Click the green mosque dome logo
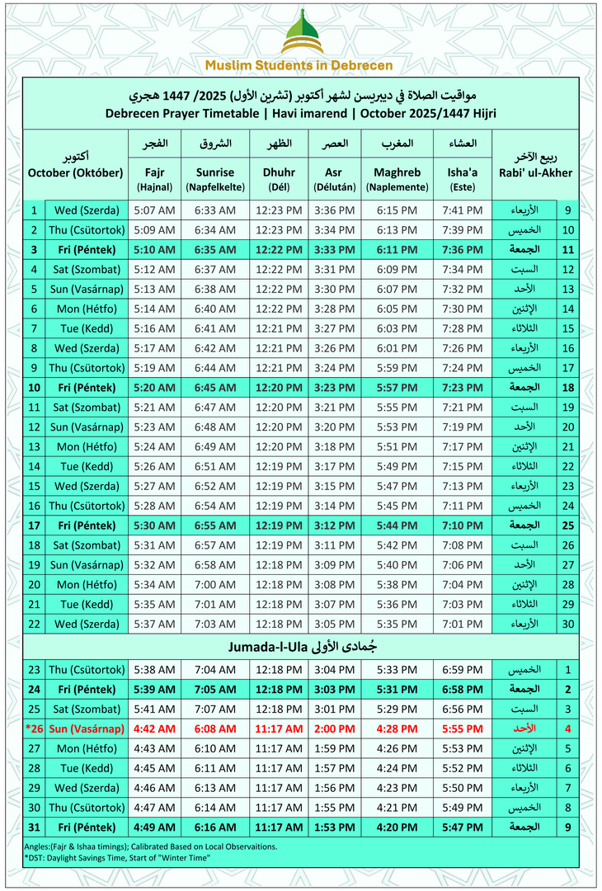pos(300,32)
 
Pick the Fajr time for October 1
pos(154,210)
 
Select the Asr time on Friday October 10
pos(334,387)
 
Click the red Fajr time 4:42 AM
pos(154,728)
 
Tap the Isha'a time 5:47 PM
pos(463,827)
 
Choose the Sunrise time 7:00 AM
pos(215,584)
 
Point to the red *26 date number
pos(34,728)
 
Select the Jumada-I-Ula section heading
pos(299,647)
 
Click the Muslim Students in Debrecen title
pos(299,65)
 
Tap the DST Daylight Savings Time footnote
pos(117,858)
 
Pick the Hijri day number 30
pos(568,623)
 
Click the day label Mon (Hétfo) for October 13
pos(86,446)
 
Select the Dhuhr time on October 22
pos(278,623)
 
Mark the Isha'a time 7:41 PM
pos(463,210)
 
